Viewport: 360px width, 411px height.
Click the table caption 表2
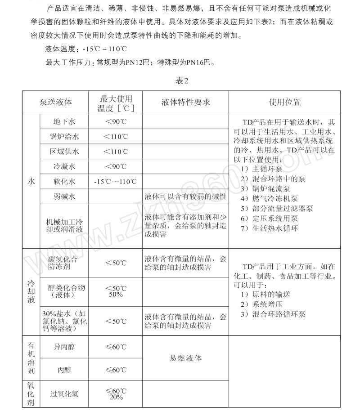181,81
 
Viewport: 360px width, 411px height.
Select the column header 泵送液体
56,102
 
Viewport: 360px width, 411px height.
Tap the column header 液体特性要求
186,102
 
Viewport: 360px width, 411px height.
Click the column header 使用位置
284,102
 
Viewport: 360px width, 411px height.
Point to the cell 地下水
64,121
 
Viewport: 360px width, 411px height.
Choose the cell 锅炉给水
64,136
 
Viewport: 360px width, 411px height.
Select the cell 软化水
64,182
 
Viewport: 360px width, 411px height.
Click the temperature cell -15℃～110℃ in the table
115,182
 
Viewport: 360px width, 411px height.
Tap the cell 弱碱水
64,197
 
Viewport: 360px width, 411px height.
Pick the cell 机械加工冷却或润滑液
64,226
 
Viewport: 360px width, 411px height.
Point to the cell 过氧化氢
64,394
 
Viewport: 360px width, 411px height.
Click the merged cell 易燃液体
186,358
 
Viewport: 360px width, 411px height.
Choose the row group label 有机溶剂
31,358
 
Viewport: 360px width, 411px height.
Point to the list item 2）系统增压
261,304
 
